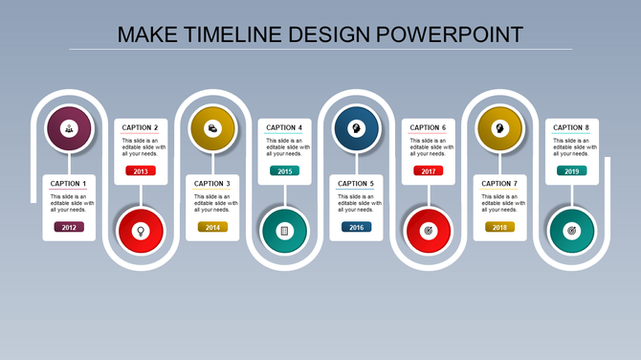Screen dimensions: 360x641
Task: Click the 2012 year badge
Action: (69, 227)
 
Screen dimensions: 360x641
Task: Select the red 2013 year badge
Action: (141, 170)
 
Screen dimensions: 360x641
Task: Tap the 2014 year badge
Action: (212, 227)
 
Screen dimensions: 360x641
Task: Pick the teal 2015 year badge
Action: (284, 170)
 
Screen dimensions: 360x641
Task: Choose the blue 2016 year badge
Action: (356, 227)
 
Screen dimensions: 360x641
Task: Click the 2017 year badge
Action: (428, 170)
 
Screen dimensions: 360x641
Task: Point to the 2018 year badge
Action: (499, 227)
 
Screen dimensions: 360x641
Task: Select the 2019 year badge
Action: (571, 170)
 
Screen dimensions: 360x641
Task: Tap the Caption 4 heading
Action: (284, 127)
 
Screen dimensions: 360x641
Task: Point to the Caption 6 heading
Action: (428, 127)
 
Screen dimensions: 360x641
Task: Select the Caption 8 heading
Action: (571, 127)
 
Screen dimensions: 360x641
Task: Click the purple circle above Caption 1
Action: (69, 128)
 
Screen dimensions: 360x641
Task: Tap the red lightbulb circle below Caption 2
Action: (141, 231)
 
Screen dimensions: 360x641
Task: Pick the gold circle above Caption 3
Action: (212, 128)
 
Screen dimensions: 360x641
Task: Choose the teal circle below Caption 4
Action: (284, 231)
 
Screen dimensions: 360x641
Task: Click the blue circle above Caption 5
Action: (356, 128)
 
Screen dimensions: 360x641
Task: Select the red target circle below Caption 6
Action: (428, 231)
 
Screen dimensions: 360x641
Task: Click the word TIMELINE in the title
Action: (231, 34)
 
